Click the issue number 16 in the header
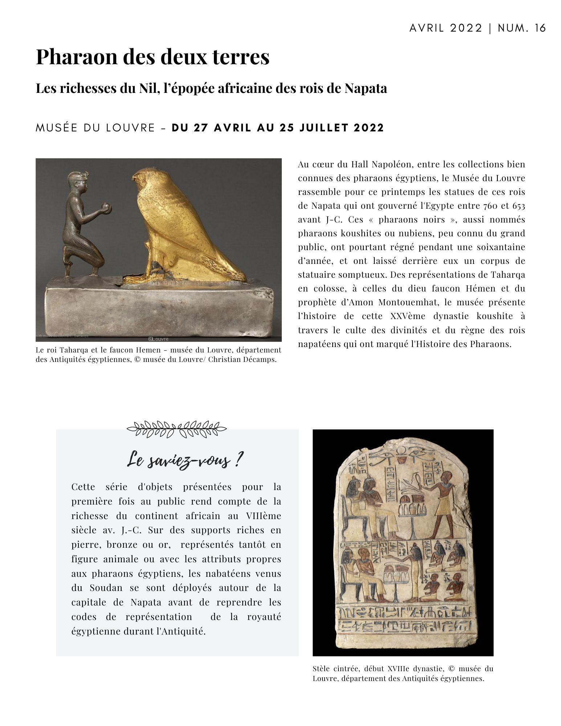540,28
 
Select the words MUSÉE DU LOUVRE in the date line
95,128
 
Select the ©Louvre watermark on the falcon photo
159,339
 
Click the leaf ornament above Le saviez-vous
177,429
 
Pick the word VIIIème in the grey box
263,516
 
